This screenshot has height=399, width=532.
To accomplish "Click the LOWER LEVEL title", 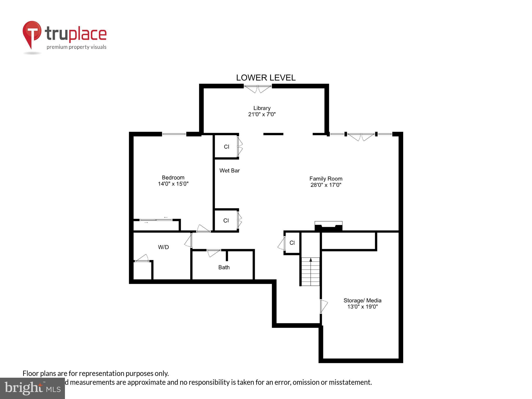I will (x=265, y=78).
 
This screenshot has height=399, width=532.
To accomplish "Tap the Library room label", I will (x=262, y=108).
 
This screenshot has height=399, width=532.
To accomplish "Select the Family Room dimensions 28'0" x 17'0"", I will (x=326, y=185).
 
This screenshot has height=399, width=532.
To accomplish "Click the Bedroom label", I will (x=173, y=177).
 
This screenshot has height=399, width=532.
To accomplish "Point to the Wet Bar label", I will (x=229, y=171).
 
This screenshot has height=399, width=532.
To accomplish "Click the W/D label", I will (x=163, y=247).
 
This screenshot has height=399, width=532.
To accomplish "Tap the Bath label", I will (x=224, y=267).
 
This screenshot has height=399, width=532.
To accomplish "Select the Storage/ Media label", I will (x=362, y=301).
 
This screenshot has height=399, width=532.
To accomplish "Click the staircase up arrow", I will (x=311, y=260).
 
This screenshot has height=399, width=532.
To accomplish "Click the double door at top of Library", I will (x=258, y=89).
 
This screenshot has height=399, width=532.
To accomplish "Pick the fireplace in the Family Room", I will (x=328, y=226).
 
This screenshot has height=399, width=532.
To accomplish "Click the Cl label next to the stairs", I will (x=292, y=243).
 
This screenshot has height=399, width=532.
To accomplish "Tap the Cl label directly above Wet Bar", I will (x=227, y=147).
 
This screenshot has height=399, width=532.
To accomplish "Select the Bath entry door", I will (x=214, y=252).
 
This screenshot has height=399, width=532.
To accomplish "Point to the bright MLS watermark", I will (x=32, y=388).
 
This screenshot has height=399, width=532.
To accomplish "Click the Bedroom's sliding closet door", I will (x=156, y=220).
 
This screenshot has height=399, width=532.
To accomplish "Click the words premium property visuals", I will (x=76, y=47).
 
